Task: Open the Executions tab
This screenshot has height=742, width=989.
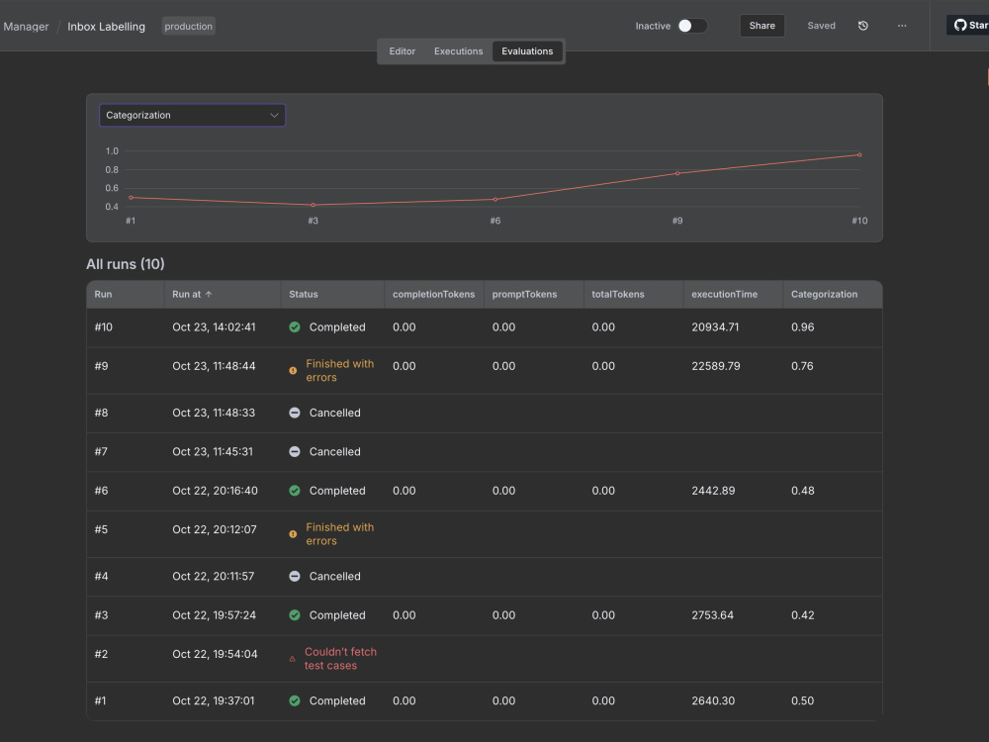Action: [458, 51]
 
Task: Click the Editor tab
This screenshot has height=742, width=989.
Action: [402, 51]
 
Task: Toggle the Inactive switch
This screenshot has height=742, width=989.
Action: [692, 26]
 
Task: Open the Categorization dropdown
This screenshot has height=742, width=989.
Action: [193, 116]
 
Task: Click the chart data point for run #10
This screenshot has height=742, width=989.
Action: [859, 154]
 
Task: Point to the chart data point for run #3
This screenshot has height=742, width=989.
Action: [313, 205]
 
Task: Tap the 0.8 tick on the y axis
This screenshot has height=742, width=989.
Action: [112, 170]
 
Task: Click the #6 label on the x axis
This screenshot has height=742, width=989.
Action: [495, 221]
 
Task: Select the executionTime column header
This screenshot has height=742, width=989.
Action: [724, 294]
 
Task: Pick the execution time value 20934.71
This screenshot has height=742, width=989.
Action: [715, 326]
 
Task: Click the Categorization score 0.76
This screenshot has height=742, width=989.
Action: [802, 366]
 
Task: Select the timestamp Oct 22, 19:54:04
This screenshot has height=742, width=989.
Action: [215, 654]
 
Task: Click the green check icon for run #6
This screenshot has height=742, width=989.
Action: [295, 491]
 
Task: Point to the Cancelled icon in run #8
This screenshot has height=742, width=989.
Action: [295, 413]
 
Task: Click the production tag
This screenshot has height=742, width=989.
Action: [189, 26]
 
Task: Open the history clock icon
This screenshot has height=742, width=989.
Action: [862, 26]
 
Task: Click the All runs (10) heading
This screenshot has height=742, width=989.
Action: [125, 264]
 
